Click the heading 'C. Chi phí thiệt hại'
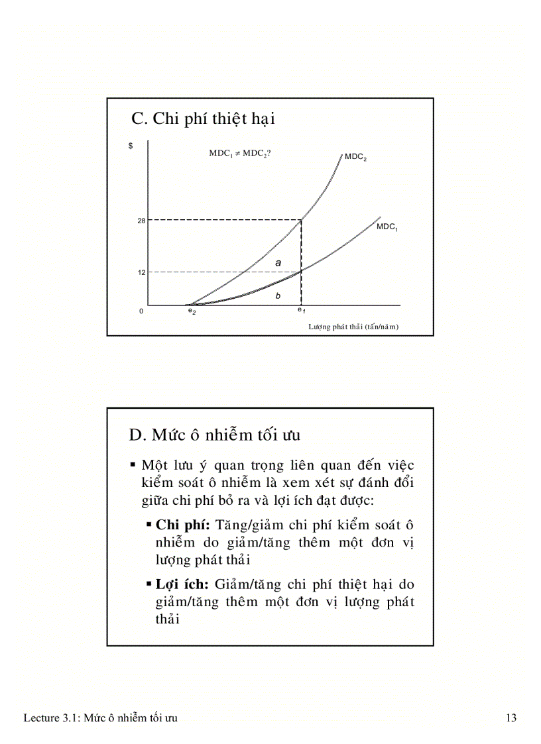click(x=203, y=119)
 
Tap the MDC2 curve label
click(x=355, y=157)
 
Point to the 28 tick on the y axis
click(x=141, y=220)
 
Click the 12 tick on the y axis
click(x=141, y=272)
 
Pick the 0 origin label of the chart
click(x=141, y=311)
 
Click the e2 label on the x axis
click(x=192, y=311)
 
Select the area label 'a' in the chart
click(x=278, y=263)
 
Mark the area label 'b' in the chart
click(x=278, y=296)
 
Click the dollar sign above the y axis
click(x=130, y=146)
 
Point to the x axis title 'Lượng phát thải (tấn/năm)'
click(x=353, y=327)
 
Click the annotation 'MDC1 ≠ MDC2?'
click(x=240, y=152)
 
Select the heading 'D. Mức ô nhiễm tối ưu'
click(x=215, y=435)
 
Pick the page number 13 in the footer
click(x=511, y=718)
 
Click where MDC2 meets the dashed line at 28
click(x=302, y=219)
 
